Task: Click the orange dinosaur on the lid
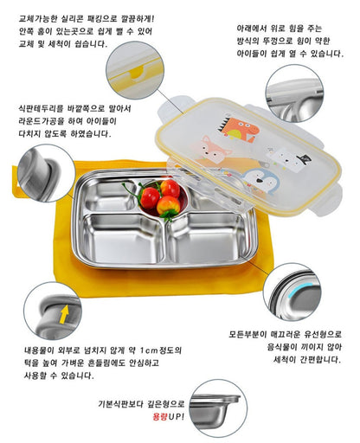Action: (239, 130)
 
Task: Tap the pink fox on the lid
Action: (215, 150)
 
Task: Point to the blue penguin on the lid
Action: (262, 181)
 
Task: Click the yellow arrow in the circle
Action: (64, 314)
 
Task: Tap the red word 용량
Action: (160, 416)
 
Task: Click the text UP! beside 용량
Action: (176, 416)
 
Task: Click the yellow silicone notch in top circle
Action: (138, 73)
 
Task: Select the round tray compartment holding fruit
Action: (163, 199)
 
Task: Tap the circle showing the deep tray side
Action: (218, 408)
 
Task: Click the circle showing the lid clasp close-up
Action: (294, 93)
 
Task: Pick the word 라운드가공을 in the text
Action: (42, 121)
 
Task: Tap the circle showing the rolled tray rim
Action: (47, 173)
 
